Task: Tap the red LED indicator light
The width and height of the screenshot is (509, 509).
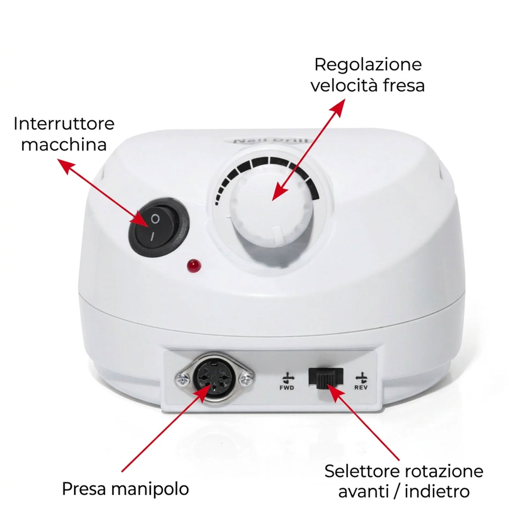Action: click(194, 265)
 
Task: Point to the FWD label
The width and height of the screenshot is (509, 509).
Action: click(287, 388)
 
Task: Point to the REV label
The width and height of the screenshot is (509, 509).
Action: click(361, 388)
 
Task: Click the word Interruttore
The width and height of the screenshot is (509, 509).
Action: click(64, 124)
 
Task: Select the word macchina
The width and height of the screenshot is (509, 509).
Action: click(64, 145)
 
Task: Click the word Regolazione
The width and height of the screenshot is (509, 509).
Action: click(368, 65)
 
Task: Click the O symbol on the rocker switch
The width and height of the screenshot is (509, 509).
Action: click(155, 219)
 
